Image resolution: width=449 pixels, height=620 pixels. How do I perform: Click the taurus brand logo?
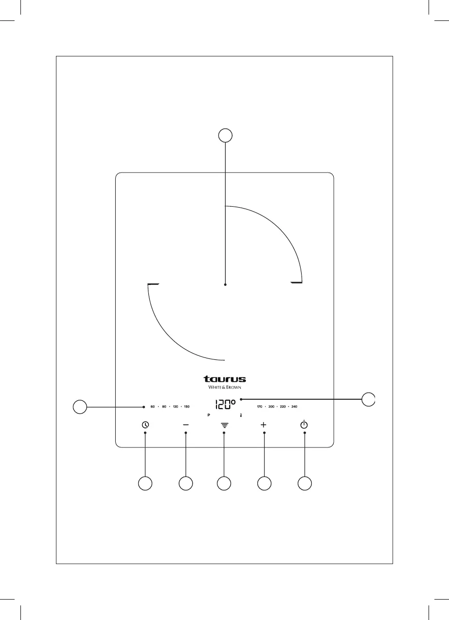pos(224,379)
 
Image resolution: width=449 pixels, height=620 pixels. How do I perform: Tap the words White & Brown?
pos(224,387)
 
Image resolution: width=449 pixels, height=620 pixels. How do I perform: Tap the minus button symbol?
pos(186,425)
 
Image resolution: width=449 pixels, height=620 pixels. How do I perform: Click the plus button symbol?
pos(264,425)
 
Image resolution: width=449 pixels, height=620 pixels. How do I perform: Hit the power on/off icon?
pos(304,425)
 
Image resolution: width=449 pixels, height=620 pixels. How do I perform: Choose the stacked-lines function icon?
pos(224,425)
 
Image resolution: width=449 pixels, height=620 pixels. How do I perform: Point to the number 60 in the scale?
pos(152,406)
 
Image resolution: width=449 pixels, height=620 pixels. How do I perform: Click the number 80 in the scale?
pos(164,406)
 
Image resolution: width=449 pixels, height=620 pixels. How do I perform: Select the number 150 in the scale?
pos(186,406)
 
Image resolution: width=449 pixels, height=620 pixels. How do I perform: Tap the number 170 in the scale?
pos(260,406)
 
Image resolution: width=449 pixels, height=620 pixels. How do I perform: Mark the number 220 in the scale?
pos(283,406)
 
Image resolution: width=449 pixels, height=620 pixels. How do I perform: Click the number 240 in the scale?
pos(294,406)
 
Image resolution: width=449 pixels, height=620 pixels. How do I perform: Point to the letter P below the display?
pos(208,416)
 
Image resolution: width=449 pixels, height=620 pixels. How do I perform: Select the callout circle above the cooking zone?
pos(225,135)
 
